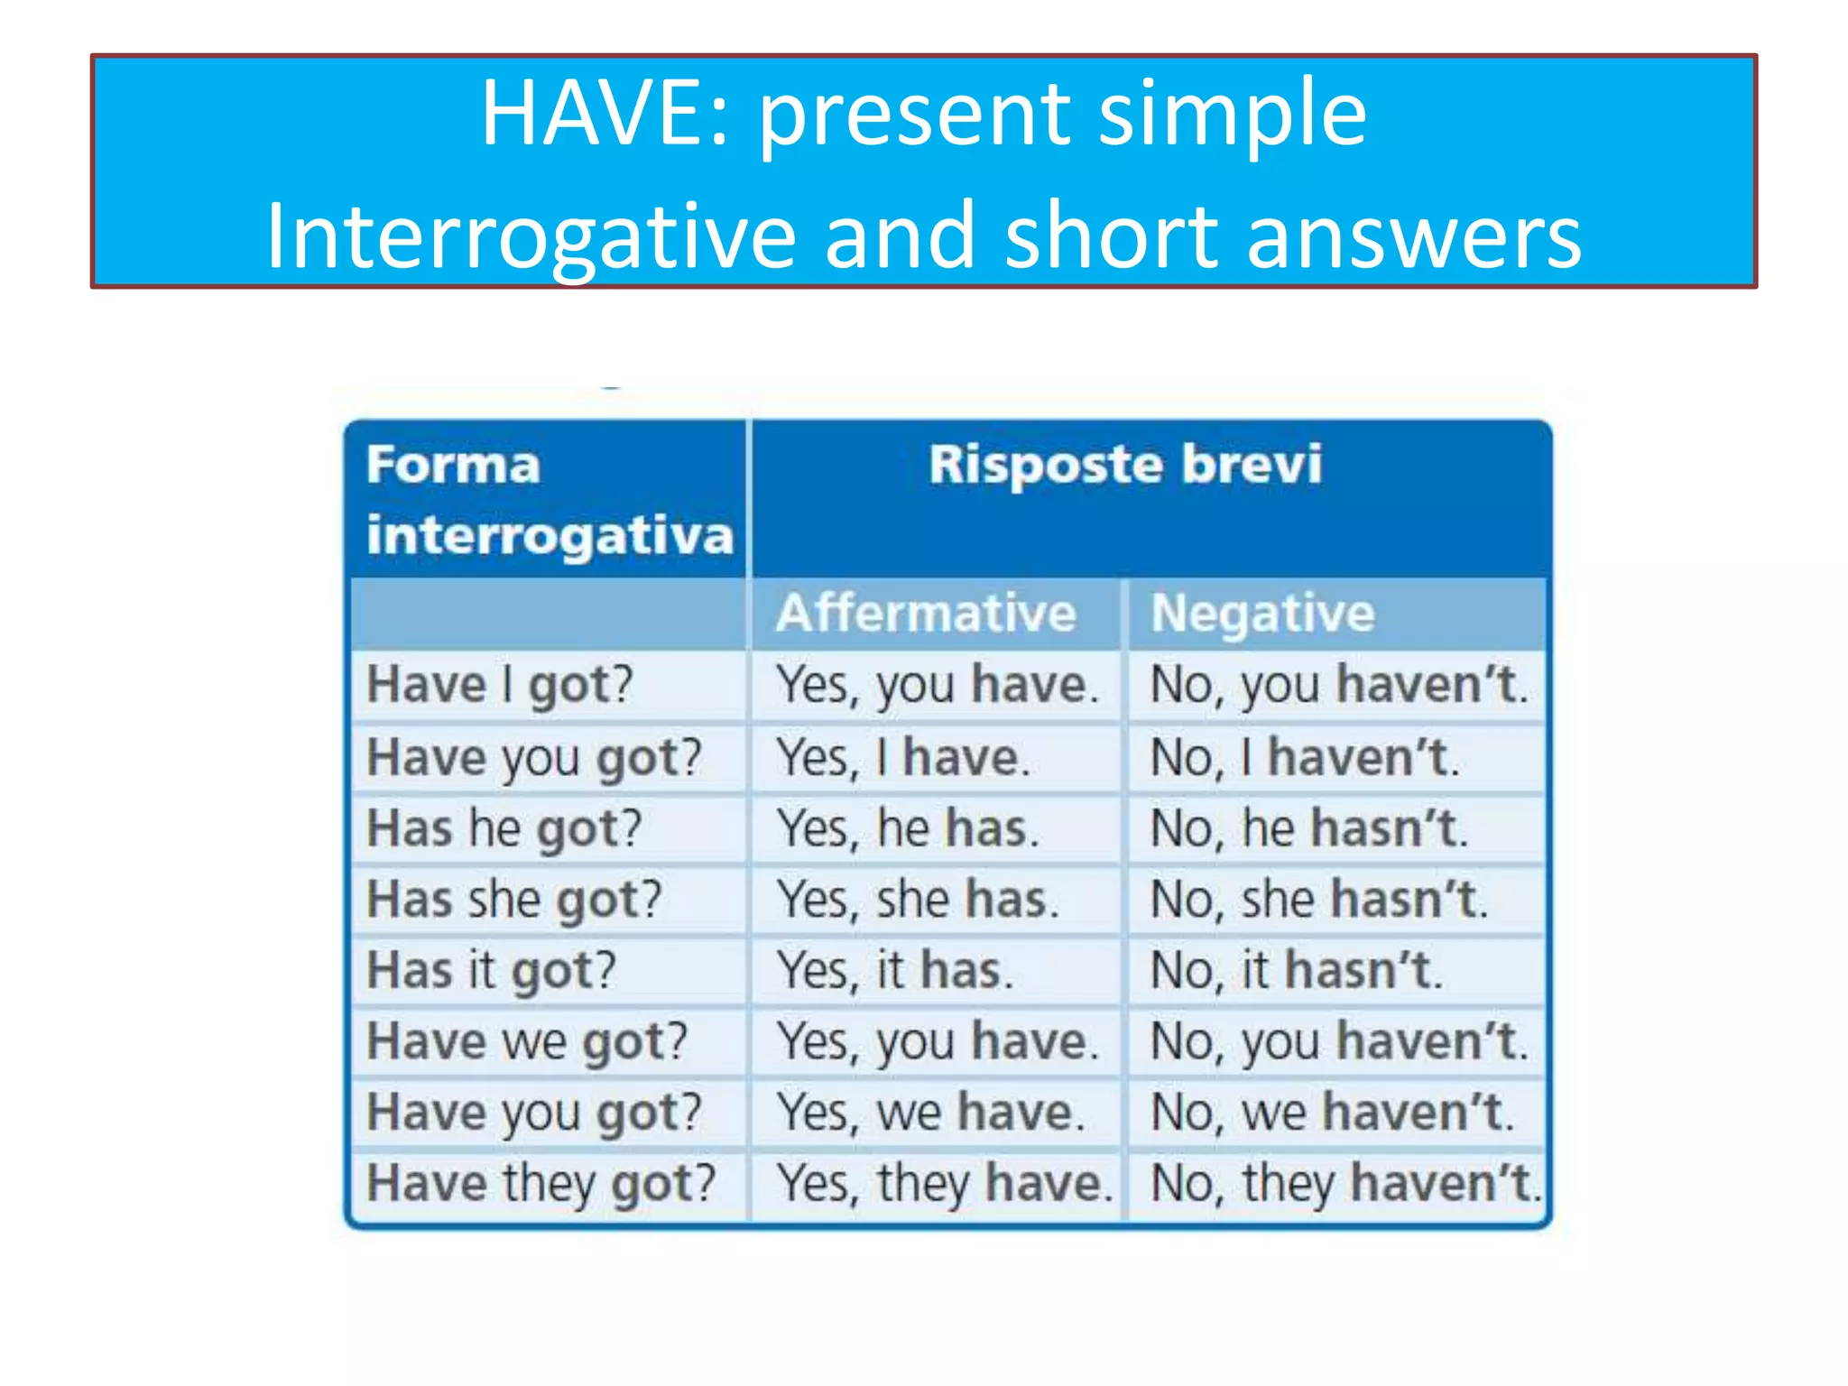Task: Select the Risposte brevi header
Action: coord(1125,465)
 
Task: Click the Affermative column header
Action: coord(927,614)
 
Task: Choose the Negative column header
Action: coord(1262,614)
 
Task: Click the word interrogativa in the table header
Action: coord(550,536)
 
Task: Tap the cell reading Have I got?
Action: coord(500,684)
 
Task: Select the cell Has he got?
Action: coord(504,827)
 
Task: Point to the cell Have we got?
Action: coord(527,1041)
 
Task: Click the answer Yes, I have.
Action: coord(903,756)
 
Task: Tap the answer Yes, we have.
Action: coord(930,1112)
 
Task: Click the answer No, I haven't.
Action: coord(1304,756)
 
